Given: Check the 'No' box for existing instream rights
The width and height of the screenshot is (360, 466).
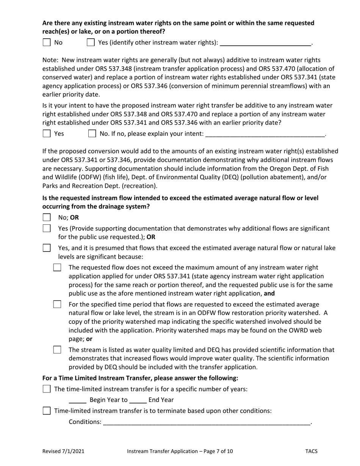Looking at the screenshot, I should click(x=47, y=42).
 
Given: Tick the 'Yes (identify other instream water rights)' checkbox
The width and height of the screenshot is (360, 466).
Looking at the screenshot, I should click(x=91, y=42).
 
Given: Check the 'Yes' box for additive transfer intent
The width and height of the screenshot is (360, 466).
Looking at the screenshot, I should click(x=47, y=133).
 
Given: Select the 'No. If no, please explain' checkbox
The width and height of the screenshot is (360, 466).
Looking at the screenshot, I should click(x=92, y=133).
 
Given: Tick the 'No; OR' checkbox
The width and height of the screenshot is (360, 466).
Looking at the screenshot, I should click(x=47, y=217).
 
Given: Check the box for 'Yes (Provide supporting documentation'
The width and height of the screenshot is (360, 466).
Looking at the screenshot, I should click(x=47, y=228).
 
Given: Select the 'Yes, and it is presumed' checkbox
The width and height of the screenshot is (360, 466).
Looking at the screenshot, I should click(x=47, y=248).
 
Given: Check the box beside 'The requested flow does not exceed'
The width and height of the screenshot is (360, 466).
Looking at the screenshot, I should click(x=57, y=268).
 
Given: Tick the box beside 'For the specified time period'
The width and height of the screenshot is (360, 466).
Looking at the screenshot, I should click(x=57, y=305).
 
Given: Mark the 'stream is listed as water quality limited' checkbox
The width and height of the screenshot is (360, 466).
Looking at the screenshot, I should click(x=57, y=350).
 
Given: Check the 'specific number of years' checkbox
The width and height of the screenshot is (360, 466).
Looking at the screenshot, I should click(x=47, y=389).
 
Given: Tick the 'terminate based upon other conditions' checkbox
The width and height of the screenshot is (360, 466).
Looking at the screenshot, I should click(x=47, y=411).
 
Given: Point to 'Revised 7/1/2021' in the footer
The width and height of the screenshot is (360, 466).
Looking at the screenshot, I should click(x=63, y=451).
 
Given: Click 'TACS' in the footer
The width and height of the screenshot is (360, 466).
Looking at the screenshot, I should click(x=311, y=451).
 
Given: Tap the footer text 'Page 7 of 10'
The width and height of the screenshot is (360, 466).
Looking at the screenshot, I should click(x=219, y=451).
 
